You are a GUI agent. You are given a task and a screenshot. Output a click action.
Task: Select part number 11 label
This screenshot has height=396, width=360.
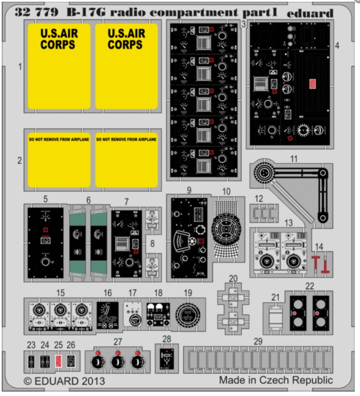pyautogui.click(x=294, y=160)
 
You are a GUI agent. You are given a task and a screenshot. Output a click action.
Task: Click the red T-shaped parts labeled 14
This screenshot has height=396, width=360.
pyautogui.click(x=322, y=264)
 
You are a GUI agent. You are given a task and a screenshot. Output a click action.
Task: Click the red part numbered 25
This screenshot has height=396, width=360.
pyautogui.click(x=59, y=361)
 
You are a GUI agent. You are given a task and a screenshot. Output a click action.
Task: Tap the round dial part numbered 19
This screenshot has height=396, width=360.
pyautogui.click(x=188, y=316)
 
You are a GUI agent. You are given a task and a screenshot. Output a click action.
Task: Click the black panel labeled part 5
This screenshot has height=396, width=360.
pyautogui.click(x=45, y=242)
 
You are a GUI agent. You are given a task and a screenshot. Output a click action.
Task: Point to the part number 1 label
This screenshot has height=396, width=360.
pyautogui.click(x=20, y=67)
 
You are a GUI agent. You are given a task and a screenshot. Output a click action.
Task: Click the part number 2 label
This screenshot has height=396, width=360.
pyautogui.click(x=20, y=161)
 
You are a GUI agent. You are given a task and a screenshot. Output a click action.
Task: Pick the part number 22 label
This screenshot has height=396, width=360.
pyautogui.click(x=310, y=286)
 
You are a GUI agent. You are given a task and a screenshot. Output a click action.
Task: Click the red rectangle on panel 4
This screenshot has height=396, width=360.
pyautogui.click(x=312, y=84)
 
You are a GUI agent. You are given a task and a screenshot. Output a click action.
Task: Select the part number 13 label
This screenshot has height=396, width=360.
pyautogui.click(x=289, y=223)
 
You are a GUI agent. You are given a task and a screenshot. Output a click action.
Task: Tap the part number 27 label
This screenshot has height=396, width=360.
pyautogui.click(x=117, y=341)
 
